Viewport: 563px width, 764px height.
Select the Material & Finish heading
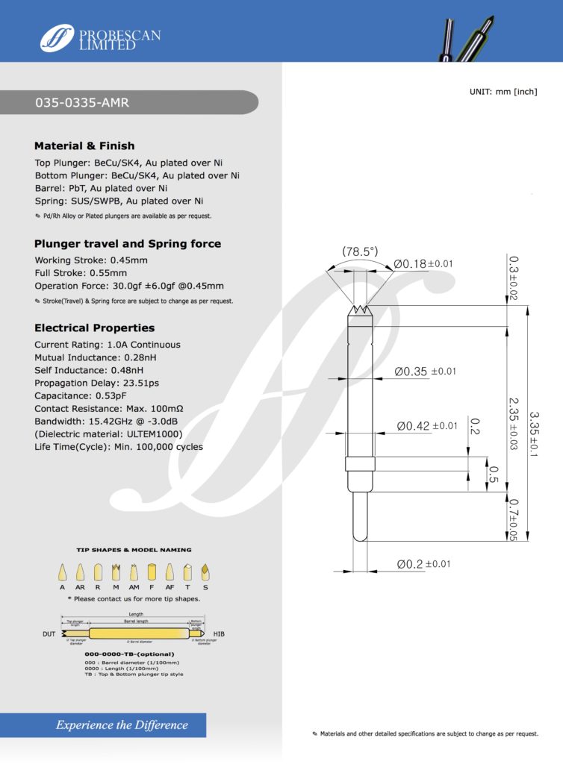click(x=84, y=146)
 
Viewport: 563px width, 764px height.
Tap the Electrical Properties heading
click(x=94, y=328)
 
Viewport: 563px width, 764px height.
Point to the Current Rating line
click(x=107, y=345)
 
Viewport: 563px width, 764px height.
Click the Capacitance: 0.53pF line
click(x=81, y=396)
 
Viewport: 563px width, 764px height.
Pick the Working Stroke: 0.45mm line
click(x=91, y=260)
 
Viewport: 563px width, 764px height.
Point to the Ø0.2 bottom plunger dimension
click(x=423, y=564)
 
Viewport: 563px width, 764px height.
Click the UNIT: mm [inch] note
click(x=503, y=92)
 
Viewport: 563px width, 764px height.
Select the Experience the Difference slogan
click(x=122, y=725)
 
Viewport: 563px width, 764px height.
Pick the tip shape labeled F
click(x=152, y=573)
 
